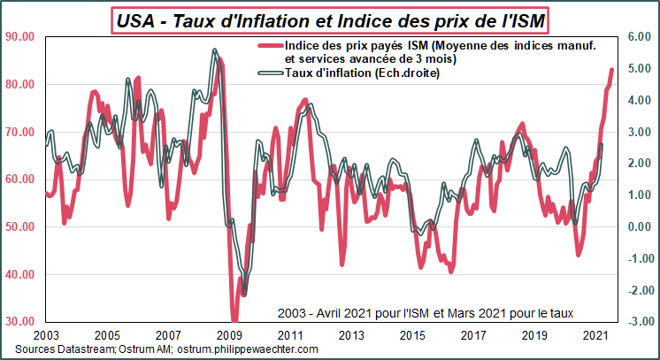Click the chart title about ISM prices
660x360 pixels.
tap(331, 17)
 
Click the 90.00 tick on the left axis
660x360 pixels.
tap(19, 36)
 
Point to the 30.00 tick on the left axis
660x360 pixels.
tap(19, 321)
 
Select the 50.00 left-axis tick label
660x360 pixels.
tap(19, 226)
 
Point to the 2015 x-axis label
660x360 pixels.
tap(411, 336)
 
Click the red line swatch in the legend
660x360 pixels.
tap(269, 46)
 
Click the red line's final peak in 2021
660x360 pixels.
tap(611, 70)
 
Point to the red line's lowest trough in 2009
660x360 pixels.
tap(234, 320)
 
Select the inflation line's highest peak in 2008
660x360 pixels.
tap(214, 50)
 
